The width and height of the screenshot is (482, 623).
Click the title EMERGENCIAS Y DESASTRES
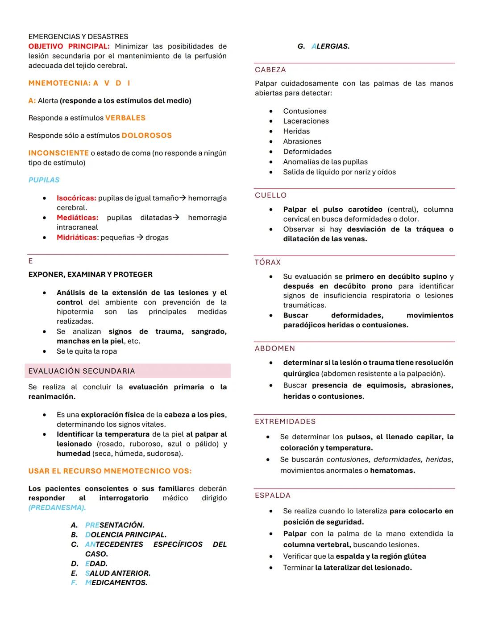coord(78,37)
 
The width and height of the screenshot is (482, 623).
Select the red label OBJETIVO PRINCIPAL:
coord(69,46)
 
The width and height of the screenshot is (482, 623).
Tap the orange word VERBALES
coord(125,118)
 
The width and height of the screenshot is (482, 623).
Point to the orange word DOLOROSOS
coord(146,136)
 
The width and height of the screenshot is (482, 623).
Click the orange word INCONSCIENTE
coord(58,153)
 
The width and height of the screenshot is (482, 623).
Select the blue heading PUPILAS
coord(44,180)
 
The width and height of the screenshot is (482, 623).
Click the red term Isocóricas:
coord(76,198)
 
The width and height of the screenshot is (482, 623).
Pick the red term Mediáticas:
coord(77,218)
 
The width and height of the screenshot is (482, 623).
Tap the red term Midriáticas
coord(76,237)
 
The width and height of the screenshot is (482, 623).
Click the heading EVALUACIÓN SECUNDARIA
coord(82,371)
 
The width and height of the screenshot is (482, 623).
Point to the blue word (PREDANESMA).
coord(57,507)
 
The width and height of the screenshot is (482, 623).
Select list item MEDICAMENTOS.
coord(116,582)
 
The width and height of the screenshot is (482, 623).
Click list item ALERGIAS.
coord(330,46)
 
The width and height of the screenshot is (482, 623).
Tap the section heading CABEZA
coord(270,70)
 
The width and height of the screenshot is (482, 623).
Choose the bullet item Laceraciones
coord(306,121)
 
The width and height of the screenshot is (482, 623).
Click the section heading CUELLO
coord(271,195)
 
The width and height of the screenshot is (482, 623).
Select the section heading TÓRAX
coord(268,263)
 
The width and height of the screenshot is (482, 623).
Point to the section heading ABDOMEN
coord(275,349)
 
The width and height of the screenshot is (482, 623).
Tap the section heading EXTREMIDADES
coord(285,422)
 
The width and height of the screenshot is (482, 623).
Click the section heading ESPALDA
coord(273,495)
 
